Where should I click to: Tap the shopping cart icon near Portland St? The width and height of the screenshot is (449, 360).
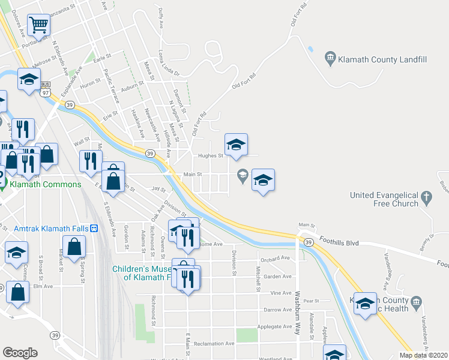click(x=39, y=26)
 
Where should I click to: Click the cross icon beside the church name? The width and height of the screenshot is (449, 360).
click(x=426, y=196)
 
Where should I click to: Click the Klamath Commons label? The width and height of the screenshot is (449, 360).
click(x=44, y=184)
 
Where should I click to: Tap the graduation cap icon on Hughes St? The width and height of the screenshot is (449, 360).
click(x=237, y=145)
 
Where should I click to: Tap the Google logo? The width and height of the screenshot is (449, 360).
click(x=20, y=353)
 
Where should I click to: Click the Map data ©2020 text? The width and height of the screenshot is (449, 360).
click(x=424, y=355)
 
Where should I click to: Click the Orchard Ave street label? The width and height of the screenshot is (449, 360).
click(x=276, y=258)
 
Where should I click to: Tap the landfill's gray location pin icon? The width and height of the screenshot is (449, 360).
click(x=330, y=59)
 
